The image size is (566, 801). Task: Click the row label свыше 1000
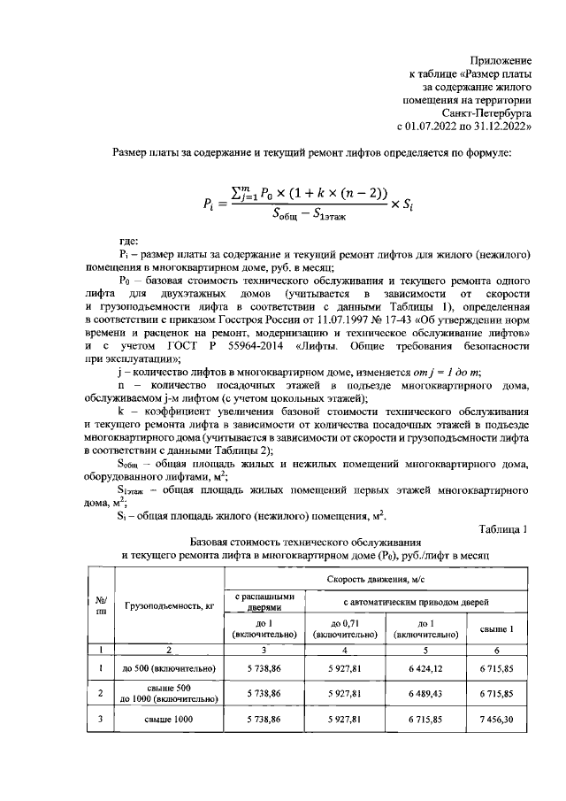click(169, 720)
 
